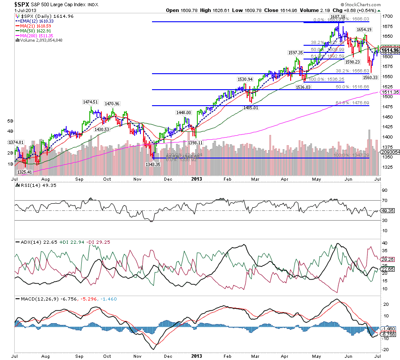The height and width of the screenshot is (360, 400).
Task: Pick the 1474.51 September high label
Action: [91, 102]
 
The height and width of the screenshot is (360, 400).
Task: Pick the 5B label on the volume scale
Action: [10, 120]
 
